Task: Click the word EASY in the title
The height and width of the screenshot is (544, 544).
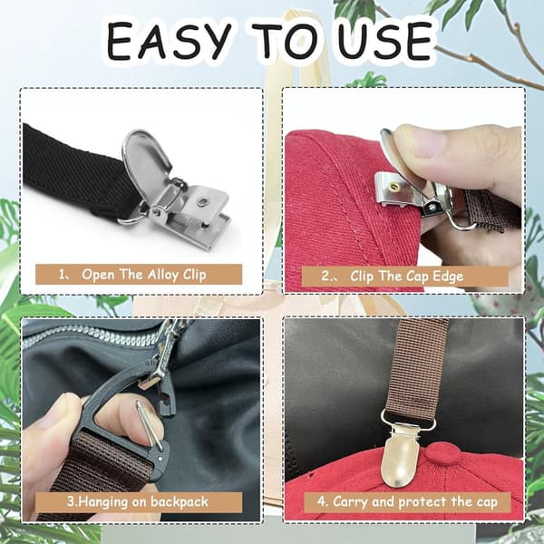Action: (169, 41)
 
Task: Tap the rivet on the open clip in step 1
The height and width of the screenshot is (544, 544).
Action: (202, 201)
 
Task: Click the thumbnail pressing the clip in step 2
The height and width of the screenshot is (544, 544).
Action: (419, 141)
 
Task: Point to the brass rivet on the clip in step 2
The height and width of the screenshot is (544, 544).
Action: (394, 187)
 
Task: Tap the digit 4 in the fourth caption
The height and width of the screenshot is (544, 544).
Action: (321, 501)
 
